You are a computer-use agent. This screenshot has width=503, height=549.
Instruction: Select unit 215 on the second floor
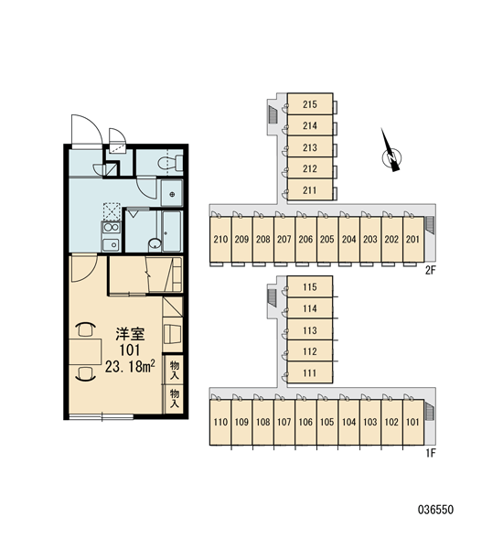(x=310, y=104)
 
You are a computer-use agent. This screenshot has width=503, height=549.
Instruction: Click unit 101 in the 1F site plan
(x=413, y=422)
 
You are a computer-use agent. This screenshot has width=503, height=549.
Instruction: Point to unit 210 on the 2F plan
(x=220, y=239)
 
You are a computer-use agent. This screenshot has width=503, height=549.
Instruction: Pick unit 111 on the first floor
(x=310, y=372)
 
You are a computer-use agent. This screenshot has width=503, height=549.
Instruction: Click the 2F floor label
(x=431, y=270)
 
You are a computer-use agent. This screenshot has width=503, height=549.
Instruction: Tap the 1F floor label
(x=431, y=454)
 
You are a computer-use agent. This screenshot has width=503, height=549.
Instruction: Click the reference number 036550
(x=436, y=510)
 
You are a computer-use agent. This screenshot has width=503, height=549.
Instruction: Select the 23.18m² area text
(x=130, y=366)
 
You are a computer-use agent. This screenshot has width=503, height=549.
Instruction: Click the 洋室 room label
(x=130, y=334)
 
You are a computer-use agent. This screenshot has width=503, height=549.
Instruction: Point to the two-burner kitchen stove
(x=111, y=227)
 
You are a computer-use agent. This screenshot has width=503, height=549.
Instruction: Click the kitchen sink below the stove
(x=111, y=244)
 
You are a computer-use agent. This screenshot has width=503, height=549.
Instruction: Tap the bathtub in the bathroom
(x=172, y=231)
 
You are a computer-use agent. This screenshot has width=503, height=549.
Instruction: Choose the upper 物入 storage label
(x=175, y=370)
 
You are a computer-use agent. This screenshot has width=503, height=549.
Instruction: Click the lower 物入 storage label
(x=175, y=398)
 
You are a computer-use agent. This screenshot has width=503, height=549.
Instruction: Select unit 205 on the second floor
(x=327, y=239)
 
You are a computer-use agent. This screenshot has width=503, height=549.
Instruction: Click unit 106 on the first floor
(x=305, y=422)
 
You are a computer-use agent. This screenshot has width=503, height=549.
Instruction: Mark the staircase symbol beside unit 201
(x=430, y=224)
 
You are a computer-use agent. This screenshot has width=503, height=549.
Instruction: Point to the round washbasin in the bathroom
(x=155, y=244)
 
